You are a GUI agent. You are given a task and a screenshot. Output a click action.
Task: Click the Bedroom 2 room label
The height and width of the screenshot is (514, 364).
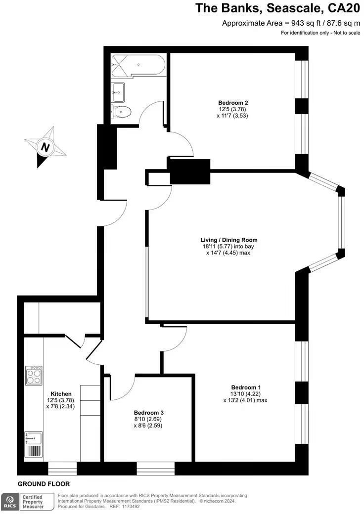(232, 103)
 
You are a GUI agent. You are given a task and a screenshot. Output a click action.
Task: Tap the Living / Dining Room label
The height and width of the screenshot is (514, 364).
(228, 240)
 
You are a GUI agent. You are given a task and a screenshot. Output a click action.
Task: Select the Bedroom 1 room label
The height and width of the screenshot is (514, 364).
(246, 387)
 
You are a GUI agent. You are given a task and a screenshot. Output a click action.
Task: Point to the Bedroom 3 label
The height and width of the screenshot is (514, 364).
(148, 413)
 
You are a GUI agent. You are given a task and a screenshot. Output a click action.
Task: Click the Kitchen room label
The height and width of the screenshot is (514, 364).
(61, 394)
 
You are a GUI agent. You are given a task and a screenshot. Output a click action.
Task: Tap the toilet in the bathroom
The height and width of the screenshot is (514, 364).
(121, 112)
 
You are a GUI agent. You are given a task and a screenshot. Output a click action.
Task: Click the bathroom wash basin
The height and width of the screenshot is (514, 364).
(118, 92)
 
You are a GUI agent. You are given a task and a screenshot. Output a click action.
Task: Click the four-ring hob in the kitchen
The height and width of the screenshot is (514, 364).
(34, 376)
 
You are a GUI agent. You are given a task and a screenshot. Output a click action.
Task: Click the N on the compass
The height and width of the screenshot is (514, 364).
(45, 147)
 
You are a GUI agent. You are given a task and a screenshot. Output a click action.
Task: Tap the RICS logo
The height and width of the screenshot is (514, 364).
(10, 502)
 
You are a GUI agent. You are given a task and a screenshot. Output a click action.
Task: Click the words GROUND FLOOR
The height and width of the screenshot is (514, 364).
(44, 484)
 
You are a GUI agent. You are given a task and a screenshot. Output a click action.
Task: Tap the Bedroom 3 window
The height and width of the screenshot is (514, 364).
(156, 469)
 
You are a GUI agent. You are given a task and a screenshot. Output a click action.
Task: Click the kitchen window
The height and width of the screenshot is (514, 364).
(62, 469)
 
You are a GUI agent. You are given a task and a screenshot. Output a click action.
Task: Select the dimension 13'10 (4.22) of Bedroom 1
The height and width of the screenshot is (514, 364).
(246, 394)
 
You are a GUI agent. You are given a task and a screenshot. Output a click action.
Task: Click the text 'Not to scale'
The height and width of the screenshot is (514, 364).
(347, 33)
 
